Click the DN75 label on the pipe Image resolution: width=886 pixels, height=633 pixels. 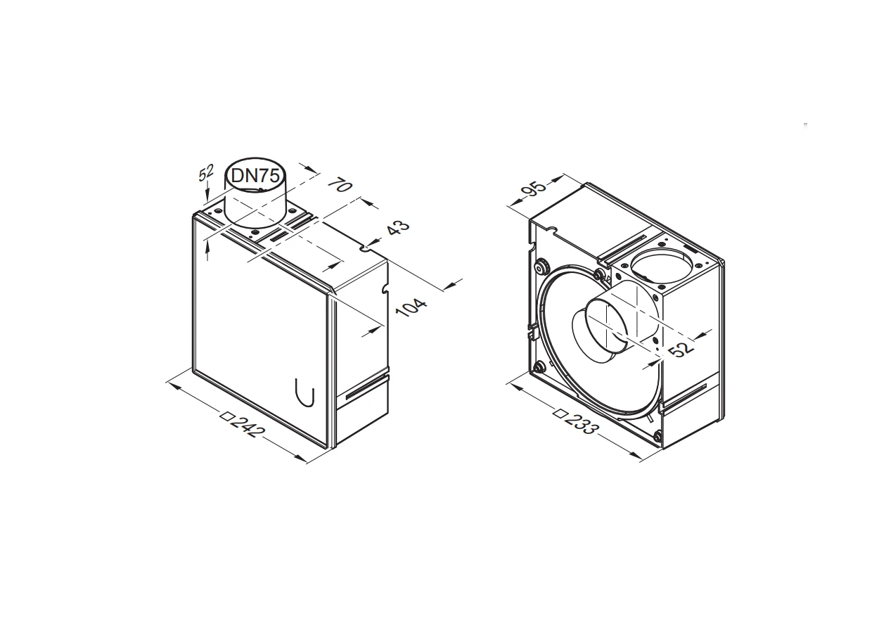[x=255, y=175]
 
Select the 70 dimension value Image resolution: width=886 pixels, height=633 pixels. [x=340, y=185]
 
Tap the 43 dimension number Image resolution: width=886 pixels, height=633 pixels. [x=397, y=227]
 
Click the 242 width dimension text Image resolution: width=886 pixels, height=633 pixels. [x=248, y=426]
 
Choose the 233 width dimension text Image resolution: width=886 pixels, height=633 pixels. [x=582, y=423]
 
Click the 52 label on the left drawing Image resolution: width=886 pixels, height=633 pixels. [x=205, y=173]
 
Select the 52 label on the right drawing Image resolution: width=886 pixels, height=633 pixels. [x=681, y=349]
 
